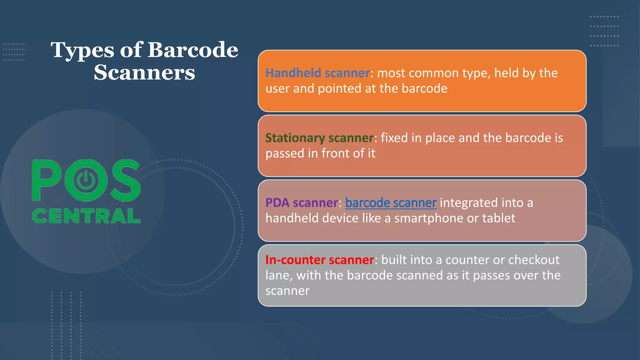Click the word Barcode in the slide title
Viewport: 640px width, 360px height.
pyautogui.click(x=192, y=50)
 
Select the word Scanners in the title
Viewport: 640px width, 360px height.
pyautogui.click(x=144, y=72)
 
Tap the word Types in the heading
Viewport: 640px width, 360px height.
pyautogui.click(x=82, y=51)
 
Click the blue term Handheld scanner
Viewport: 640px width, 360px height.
pyautogui.click(x=317, y=73)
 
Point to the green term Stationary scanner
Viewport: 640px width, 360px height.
pyautogui.click(x=319, y=138)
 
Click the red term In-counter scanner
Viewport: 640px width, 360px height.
pyautogui.click(x=319, y=260)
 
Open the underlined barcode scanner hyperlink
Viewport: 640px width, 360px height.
pyautogui.click(x=391, y=203)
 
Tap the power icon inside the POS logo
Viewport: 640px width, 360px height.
pyautogui.click(x=86, y=180)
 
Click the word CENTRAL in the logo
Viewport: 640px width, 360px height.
pyautogui.click(x=86, y=216)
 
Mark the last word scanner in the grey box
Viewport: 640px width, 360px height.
pyautogui.click(x=287, y=291)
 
